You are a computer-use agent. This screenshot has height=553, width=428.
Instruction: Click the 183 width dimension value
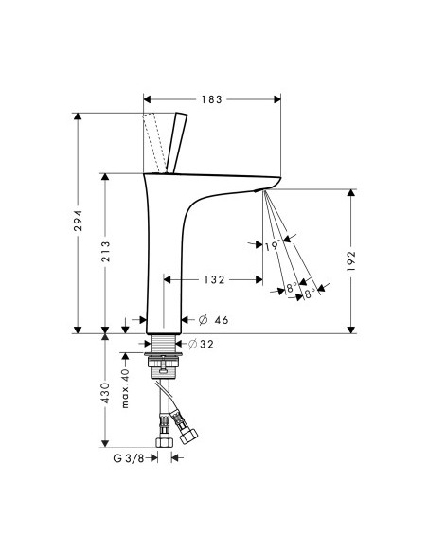(x=212, y=99)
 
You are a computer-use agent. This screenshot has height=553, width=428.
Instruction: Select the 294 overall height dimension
(x=78, y=221)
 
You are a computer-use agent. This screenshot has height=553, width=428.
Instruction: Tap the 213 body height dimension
(x=105, y=252)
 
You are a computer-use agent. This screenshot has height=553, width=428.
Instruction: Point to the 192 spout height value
(x=351, y=261)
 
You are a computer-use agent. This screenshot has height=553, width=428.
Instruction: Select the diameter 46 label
(x=214, y=320)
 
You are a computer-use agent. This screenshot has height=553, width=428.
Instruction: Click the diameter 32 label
(x=201, y=344)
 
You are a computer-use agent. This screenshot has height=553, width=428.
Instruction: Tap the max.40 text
(x=125, y=388)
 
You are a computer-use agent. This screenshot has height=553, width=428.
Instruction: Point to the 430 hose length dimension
(x=105, y=393)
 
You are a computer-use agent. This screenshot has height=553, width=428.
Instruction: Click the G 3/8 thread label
(x=129, y=458)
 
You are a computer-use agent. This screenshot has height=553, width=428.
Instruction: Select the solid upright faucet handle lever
(x=176, y=143)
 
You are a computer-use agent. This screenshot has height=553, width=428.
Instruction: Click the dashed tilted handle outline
(x=154, y=143)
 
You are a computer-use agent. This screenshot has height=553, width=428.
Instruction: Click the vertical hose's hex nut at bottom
(x=165, y=442)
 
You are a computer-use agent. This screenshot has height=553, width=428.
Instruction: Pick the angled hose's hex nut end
(x=188, y=437)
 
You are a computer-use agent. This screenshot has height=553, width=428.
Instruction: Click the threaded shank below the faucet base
(x=163, y=344)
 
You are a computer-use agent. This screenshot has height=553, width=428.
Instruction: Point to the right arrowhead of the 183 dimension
(x=277, y=99)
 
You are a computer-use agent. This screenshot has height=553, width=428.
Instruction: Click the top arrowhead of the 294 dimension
(x=78, y=116)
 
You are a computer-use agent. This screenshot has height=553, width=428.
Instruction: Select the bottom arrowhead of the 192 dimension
(x=351, y=330)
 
